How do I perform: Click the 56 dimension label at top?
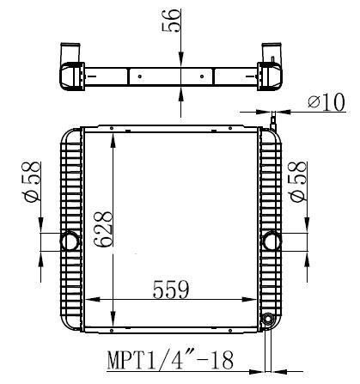pos(171,21)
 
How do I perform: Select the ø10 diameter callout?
pos(326,102)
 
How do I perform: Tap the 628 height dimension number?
pos(103,229)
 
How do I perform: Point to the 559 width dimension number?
pos(171,290)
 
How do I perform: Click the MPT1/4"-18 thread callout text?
pos(170,360)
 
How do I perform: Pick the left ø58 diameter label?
pos(31,183)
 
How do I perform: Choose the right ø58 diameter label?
pos(297,183)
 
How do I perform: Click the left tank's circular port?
pos(70,241)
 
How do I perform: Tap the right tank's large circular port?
pos(272,241)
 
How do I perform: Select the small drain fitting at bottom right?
pos(268,319)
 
